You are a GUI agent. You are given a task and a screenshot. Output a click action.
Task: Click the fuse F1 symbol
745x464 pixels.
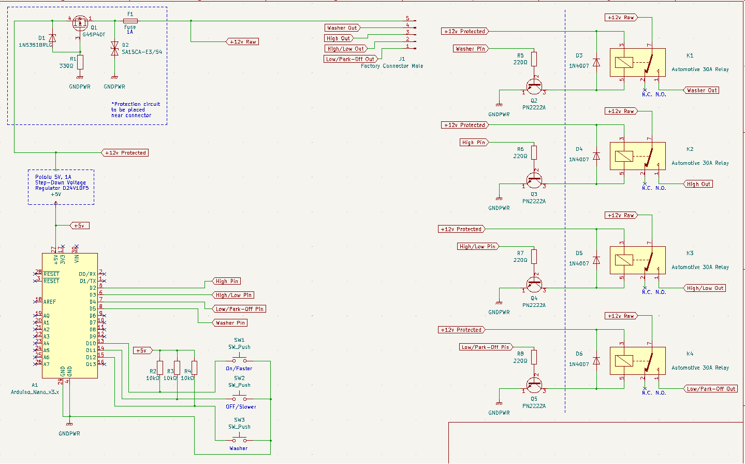pos(130,21)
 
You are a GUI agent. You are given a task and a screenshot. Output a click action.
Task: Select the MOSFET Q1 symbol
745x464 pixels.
pos(80,22)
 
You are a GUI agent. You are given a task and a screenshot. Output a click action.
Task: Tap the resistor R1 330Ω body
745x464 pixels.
pos(80,62)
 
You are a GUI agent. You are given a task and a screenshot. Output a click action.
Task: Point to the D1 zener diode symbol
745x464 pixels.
pos(52,38)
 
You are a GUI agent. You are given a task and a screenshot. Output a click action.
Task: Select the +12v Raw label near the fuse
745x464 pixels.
pos(243,41)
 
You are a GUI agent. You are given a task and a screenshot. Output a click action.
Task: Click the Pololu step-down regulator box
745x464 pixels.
pos(61,187)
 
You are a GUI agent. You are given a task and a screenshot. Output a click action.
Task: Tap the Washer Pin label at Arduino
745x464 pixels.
pos(230,322)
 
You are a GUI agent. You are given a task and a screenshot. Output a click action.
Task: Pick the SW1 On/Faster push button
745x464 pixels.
pos(239,360)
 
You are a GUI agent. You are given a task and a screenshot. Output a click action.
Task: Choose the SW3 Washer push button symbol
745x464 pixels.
pos(239,440)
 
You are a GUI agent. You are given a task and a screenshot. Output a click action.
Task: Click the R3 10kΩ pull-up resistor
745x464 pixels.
pos(177,368)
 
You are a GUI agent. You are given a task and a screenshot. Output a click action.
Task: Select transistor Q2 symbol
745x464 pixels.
pos(534,86)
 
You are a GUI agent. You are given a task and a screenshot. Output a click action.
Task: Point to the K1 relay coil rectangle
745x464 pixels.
pos(624,63)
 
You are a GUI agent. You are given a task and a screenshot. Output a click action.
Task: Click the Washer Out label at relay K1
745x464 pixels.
pos(702,90)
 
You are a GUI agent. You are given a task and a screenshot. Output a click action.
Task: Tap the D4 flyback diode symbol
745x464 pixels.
pos(596,156)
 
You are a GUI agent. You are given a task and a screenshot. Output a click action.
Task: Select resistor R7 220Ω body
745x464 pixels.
pos(534,257)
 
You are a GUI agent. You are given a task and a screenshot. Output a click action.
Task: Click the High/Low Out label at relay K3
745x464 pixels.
pos(705,288)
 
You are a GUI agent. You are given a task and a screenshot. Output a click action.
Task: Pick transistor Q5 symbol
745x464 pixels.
pos(534,385)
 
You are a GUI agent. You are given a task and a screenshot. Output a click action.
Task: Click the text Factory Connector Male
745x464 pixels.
pos(391,66)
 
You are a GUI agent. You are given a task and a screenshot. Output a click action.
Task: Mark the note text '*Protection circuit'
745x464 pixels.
pos(136,104)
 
